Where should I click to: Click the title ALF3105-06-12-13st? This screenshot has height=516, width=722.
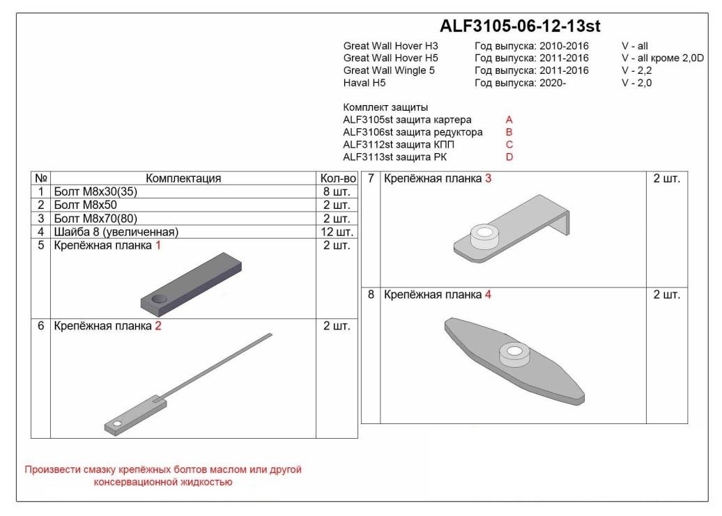(x=520, y=26)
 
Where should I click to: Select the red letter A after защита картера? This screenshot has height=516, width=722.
(x=509, y=120)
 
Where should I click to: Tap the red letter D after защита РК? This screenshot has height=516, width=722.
(x=509, y=157)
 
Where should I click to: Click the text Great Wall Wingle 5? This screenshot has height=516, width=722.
(x=389, y=70)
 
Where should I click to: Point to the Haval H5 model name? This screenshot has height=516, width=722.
(x=364, y=83)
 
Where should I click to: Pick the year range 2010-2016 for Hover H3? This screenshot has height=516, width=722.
(x=564, y=46)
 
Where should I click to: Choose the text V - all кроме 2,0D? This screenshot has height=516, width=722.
(x=663, y=58)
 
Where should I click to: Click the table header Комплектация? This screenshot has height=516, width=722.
(x=183, y=178)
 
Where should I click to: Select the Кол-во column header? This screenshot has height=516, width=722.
(x=338, y=178)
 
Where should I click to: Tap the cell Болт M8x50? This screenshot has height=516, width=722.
(x=85, y=205)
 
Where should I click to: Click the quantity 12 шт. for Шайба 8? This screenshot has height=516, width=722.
(x=337, y=232)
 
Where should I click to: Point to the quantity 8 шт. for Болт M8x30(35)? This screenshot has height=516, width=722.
(x=337, y=191)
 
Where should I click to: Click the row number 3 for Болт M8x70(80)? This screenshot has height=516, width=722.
(x=41, y=218)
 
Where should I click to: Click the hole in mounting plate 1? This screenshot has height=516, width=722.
(x=159, y=299)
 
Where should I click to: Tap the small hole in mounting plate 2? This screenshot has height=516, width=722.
(x=117, y=423)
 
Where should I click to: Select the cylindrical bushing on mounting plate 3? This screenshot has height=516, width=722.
(x=484, y=236)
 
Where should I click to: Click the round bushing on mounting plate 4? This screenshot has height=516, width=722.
(x=514, y=354)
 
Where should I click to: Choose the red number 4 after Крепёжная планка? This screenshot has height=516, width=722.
(x=488, y=295)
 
